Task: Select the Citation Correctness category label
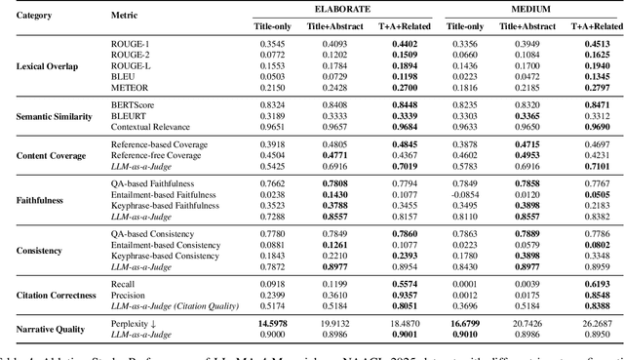tap(56, 293)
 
